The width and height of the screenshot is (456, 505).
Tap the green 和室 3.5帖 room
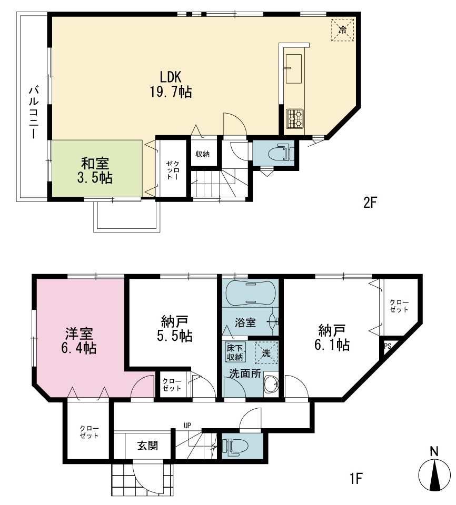(x=97, y=168)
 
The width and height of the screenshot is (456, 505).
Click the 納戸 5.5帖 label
(x=174, y=329)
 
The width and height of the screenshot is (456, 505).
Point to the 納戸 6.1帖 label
(x=332, y=338)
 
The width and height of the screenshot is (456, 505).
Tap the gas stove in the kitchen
(x=295, y=119)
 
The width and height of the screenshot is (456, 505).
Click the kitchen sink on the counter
(x=293, y=68)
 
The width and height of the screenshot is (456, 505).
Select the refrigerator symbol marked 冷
(x=342, y=30)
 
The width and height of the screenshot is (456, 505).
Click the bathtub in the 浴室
(x=250, y=293)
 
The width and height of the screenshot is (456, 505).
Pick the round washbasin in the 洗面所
(x=271, y=384)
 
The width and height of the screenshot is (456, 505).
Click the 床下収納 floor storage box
(x=235, y=352)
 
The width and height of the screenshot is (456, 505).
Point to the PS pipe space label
(x=388, y=347)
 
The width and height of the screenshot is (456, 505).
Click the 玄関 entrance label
(x=148, y=446)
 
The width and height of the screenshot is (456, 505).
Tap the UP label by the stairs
(x=187, y=426)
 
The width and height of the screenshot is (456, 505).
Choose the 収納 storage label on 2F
(x=203, y=154)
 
